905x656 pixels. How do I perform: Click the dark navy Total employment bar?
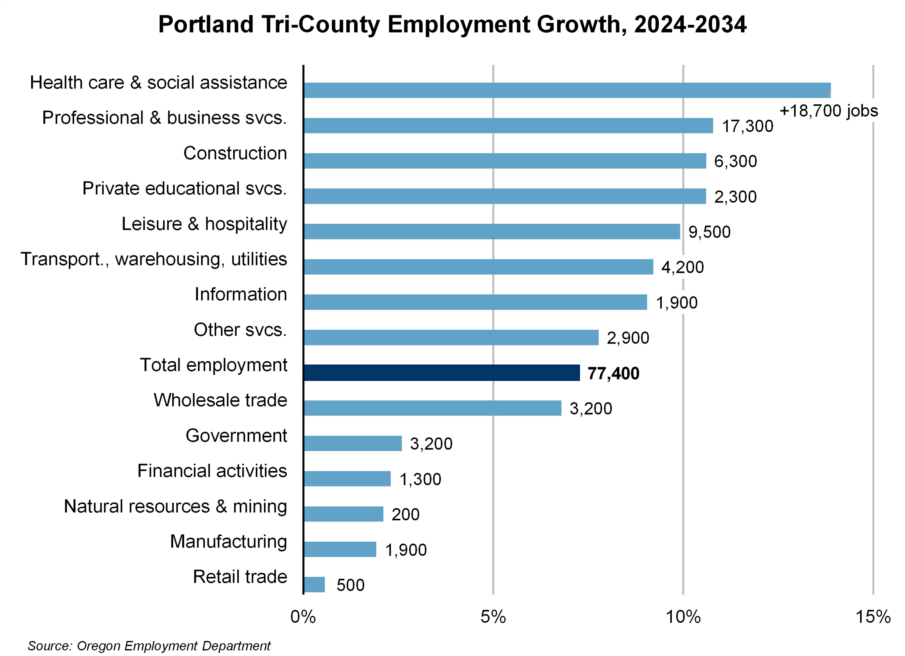[x=441, y=373]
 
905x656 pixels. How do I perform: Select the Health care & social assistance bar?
[x=567, y=90]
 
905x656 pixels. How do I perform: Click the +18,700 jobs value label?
[x=828, y=111]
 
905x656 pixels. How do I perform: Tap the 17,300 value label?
[x=747, y=126]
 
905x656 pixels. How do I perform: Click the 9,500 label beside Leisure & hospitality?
[x=710, y=232]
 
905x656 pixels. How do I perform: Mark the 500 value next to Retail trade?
[x=350, y=585]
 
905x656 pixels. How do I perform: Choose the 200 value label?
[x=405, y=514]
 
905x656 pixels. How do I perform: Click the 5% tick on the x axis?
[x=493, y=617]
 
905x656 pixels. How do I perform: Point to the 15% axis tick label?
[x=873, y=617]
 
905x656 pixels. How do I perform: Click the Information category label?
[x=241, y=294]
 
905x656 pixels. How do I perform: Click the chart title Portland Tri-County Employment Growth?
[x=452, y=25]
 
